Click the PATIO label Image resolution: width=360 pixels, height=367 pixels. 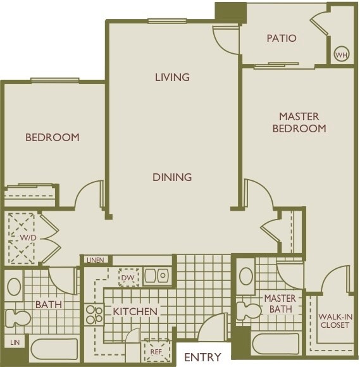pos(282,38)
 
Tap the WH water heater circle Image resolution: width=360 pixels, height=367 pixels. pos(342,54)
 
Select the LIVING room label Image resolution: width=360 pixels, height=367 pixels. pos(172,77)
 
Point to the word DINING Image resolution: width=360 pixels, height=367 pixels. pos(172,177)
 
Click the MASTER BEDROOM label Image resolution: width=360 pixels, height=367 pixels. pos(299,122)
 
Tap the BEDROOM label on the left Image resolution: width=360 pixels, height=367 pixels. pos(52,137)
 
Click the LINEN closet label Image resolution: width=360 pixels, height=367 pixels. pos(96,260)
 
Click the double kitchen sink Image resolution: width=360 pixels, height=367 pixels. pos(156,276)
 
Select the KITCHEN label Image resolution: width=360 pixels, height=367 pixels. pos(135,311)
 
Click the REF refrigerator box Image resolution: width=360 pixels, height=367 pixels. pos(156,349)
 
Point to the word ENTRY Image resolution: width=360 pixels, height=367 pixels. pos(202,357)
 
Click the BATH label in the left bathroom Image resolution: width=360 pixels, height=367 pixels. pos(48,305)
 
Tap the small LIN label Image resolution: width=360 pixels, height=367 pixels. pos(14,342)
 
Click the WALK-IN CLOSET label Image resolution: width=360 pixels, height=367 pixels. pos(335,321)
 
